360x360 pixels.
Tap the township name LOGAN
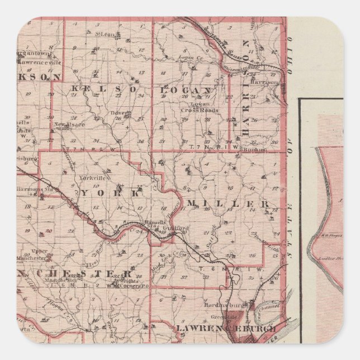click(x=187, y=90)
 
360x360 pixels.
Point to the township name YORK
click(x=111, y=193)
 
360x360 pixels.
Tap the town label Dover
click(x=117, y=112)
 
